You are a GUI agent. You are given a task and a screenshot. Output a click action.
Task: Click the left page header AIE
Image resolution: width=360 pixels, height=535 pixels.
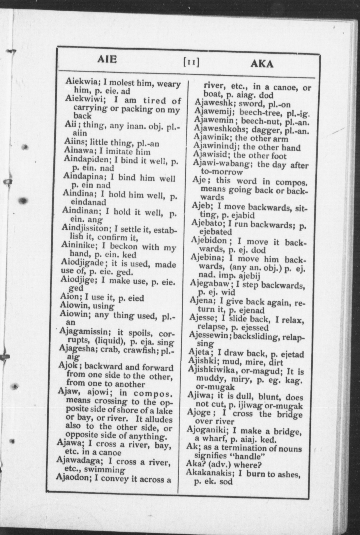107,59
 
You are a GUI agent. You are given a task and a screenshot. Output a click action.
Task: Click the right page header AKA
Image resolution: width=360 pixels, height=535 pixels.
262,63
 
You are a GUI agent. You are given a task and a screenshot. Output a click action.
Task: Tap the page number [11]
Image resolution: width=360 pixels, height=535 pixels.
191,62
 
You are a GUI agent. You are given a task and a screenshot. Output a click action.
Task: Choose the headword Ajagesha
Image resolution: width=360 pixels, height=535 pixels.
75,348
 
